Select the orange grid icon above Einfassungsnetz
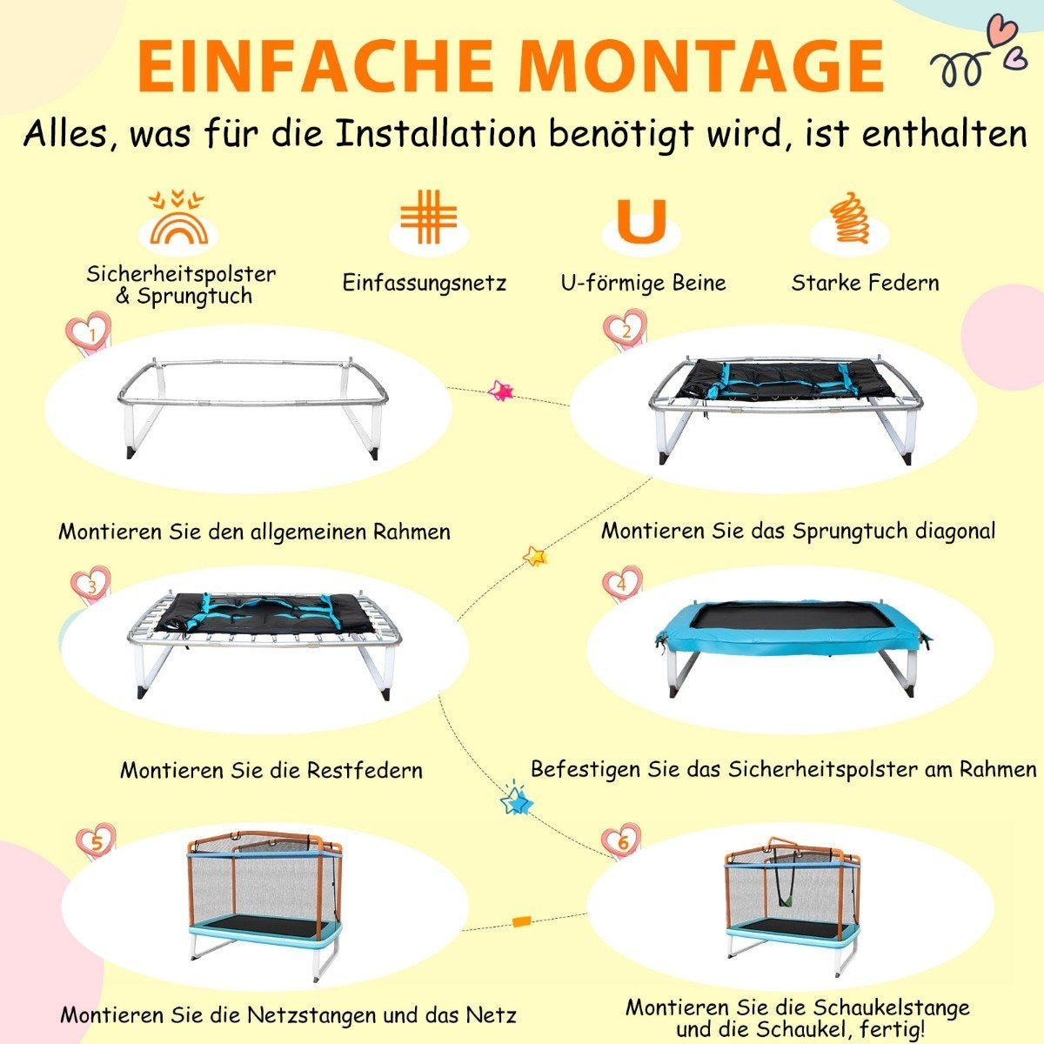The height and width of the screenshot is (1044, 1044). click(429, 216)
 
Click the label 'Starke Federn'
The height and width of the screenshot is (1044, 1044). click(865, 283)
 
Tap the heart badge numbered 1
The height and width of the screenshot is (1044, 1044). click(90, 332)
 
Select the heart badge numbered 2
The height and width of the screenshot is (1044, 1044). click(626, 330)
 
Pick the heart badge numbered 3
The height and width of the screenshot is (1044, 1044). click(91, 587)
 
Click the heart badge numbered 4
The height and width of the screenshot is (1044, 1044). click(623, 584)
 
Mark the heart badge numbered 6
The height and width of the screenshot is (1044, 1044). click(622, 842)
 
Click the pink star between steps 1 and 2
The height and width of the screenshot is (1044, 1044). click(500, 390)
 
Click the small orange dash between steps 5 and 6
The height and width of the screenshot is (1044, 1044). click(522, 920)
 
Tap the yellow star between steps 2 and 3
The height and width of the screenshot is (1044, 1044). click(535, 556)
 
